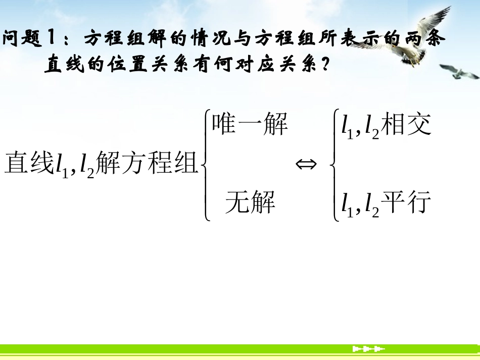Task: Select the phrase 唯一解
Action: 250,124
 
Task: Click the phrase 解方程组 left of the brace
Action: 147,163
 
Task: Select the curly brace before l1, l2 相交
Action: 334,165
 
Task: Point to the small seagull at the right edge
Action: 460,72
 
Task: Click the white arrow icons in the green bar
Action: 368,349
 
